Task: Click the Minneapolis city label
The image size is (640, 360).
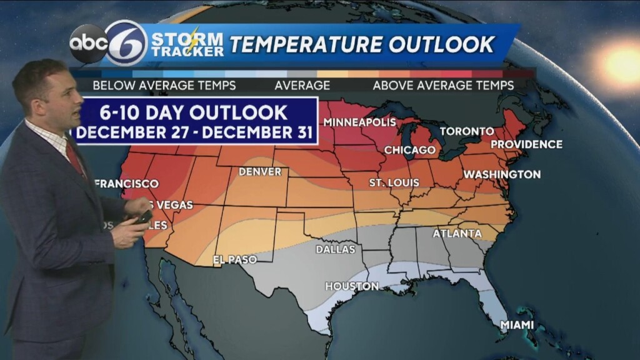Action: (x=359, y=121)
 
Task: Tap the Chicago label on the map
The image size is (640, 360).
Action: (x=409, y=150)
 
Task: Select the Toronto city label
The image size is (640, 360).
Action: (x=466, y=131)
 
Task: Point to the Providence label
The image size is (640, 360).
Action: (x=526, y=144)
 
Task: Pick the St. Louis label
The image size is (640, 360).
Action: (x=394, y=182)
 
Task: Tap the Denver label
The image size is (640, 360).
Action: (x=260, y=171)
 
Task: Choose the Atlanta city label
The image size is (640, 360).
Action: (x=457, y=234)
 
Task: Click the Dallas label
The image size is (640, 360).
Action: (x=335, y=249)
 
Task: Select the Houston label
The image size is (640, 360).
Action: (x=351, y=286)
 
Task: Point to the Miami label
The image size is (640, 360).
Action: (x=517, y=325)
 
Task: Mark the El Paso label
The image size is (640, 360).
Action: (x=234, y=259)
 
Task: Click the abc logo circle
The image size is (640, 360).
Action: (x=88, y=43)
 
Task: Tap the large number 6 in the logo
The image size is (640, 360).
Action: (x=126, y=43)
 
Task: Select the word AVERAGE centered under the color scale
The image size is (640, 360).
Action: (x=302, y=85)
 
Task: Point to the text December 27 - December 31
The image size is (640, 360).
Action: (x=194, y=132)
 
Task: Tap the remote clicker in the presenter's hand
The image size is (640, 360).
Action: (x=143, y=217)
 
